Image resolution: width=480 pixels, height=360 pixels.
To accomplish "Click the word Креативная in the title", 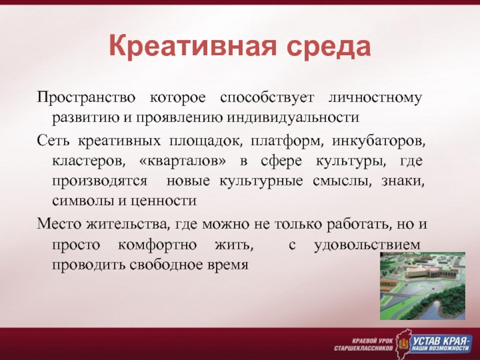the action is click(192, 47).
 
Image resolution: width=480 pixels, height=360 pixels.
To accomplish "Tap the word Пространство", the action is click(86, 98).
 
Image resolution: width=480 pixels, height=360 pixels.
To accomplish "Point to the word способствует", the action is click(267, 98).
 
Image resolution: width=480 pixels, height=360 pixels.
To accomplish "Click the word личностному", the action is click(376, 98).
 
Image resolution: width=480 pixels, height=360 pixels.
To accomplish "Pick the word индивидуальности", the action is click(293, 118).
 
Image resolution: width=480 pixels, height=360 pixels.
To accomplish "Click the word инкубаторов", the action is click(379, 142).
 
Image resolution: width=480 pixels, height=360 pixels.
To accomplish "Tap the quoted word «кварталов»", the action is click(183, 161).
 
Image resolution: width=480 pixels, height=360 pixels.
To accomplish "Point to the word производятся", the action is click(100, 182).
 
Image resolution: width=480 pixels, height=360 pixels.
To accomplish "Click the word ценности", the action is click(163, 202).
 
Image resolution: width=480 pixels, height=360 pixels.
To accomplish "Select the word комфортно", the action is click(157, 245).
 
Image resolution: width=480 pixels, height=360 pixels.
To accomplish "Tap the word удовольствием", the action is click(367, 245).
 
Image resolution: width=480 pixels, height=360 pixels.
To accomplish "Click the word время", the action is click(228, 265).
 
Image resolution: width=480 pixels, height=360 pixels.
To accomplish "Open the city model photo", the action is click(422, 286).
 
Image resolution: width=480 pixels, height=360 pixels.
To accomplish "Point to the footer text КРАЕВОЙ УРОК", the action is click(372, 341).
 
